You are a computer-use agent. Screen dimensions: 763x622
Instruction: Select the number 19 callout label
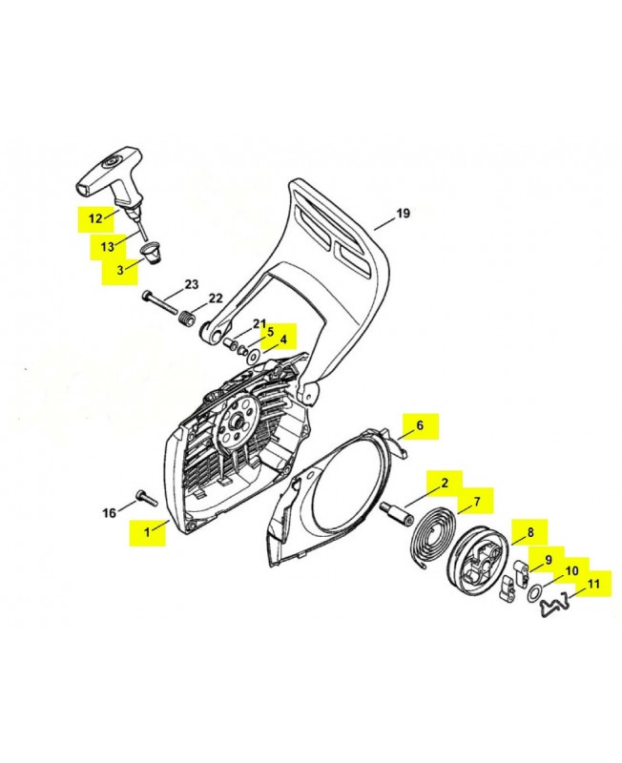point(403,214)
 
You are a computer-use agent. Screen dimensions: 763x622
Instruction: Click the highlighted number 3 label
point(120,270)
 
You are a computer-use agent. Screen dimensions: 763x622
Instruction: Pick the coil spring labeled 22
point(187,321)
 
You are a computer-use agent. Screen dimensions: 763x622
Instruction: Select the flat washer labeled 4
point(252,355)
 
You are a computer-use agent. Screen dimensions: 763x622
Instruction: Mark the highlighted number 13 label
point(108,247)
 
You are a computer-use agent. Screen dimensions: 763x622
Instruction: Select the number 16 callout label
point(110,513)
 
